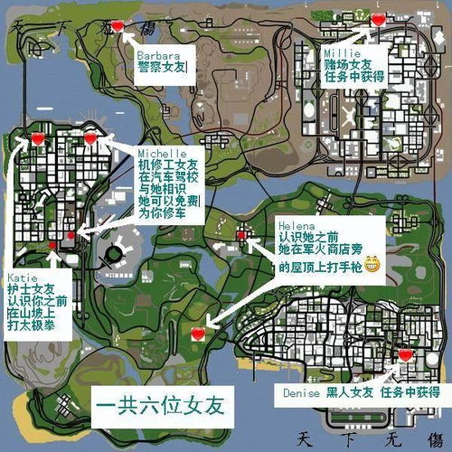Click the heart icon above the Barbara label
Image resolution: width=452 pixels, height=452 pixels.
coord(126,26)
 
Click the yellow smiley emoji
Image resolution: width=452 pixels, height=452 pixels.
coord(371,263)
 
